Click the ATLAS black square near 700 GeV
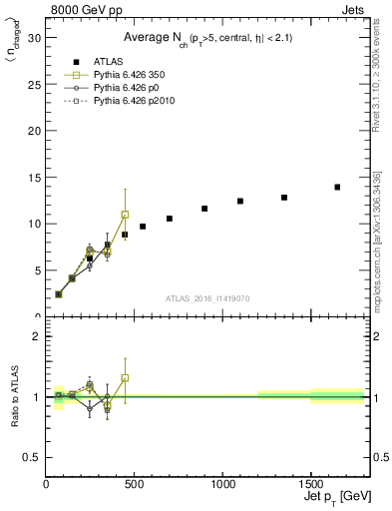point(170,219)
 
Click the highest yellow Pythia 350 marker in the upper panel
point(125,215)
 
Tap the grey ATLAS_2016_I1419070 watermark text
point(208,297)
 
